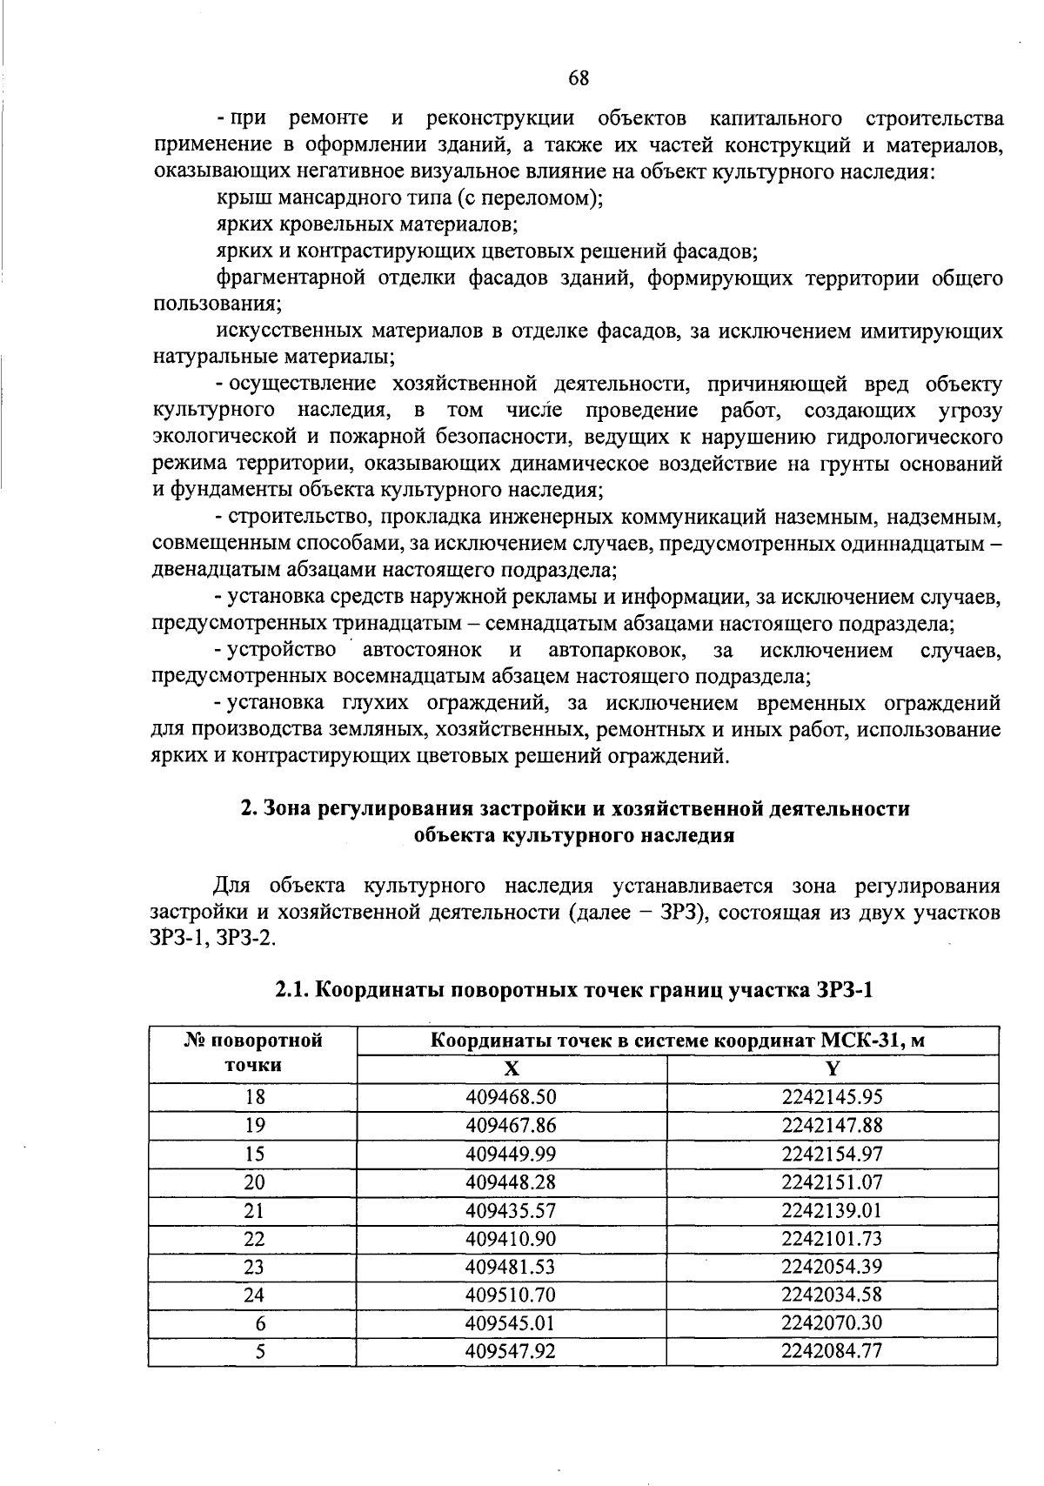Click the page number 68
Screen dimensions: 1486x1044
[x=579, y=78]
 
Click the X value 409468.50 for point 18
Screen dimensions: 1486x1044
[x=511, y=1096]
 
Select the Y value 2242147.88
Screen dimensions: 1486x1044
[x=832, y=1125]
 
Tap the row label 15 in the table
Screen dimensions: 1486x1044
[x=254, y=1154]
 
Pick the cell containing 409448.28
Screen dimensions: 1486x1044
[x=511, y=1181]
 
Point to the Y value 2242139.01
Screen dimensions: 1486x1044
[x=832, y=1210]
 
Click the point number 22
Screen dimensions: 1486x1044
[x=254, y=1238]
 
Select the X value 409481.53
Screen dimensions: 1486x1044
[x=511, y=1266]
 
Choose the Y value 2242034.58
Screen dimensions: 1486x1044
[x=832, y=1294]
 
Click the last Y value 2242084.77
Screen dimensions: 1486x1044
[x=832, y=1351]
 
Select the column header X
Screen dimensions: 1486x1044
[x=512, y=1068]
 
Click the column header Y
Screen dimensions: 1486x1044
[x=833, y=1068]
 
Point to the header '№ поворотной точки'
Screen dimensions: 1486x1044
[x=254, y=1053]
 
